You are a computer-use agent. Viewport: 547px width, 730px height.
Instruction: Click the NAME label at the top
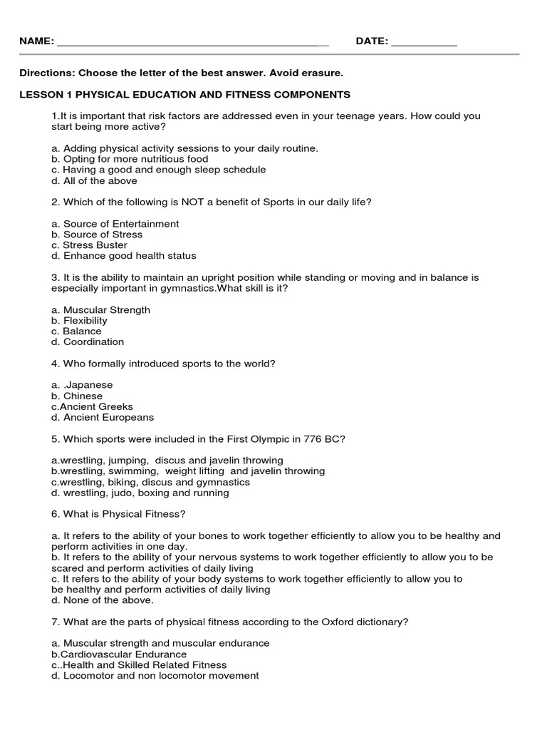(36, 42)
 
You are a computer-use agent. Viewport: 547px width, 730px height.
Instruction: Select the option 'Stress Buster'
(93, 245)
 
